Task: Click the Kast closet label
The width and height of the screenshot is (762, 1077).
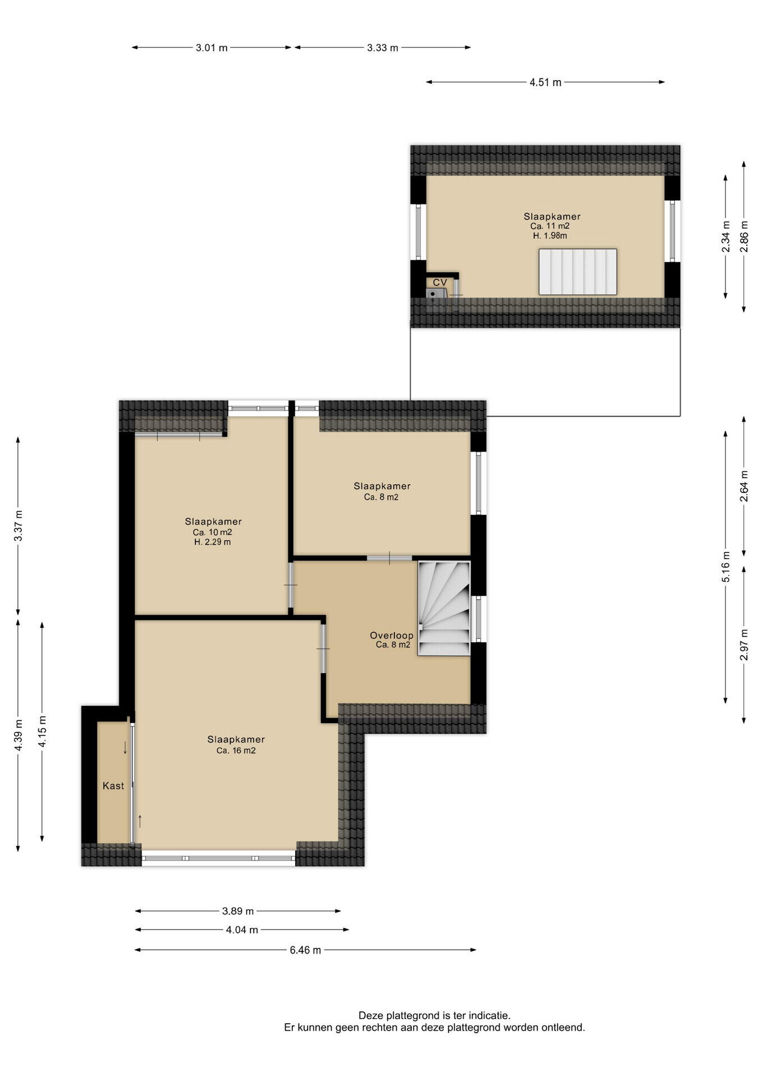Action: [113, 786]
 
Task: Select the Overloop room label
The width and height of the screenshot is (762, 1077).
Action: [392, 636]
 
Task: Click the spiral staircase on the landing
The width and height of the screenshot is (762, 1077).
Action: [444, 608]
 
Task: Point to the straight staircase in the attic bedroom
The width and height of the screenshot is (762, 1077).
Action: [578, 272]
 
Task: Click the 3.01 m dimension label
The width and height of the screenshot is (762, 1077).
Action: [212, 48]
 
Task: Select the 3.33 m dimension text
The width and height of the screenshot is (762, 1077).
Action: [383, 48]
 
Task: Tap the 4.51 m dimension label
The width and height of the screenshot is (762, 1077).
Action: [545, 82]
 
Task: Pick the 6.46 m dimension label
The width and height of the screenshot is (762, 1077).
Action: [305, 950]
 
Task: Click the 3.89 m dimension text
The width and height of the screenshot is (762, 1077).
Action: [237, 911]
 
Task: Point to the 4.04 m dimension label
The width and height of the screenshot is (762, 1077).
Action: [242, 929]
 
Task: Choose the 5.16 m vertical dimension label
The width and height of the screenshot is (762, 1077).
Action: [726, 567]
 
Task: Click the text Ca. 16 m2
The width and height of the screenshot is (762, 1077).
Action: [236, 751]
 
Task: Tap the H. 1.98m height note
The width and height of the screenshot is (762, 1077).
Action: [550, 236]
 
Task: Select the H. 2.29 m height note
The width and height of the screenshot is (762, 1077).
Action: [213, 542]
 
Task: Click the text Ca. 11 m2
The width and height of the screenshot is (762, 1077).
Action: [550, 226]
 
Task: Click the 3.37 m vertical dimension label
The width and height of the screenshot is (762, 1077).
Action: [19, 526]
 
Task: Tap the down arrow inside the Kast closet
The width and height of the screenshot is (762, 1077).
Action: [125, 748]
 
